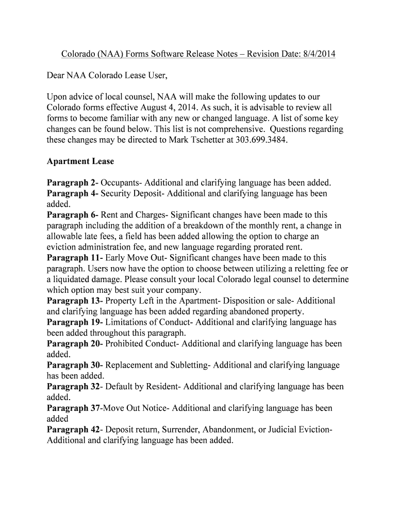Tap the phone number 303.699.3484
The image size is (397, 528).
260,140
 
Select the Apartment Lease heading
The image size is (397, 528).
80,161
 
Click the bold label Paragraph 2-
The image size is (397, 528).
73,183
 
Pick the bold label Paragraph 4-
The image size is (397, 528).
73,193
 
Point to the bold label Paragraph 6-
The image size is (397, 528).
73,215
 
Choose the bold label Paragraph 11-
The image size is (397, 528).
75,258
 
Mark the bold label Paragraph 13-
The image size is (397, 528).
75,301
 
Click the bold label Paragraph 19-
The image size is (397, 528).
75,322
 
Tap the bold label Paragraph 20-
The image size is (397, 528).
75,344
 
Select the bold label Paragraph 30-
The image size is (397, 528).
75,365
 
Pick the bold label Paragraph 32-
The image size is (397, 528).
75,387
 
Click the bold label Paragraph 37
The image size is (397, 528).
73,408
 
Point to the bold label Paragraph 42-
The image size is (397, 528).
75,430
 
